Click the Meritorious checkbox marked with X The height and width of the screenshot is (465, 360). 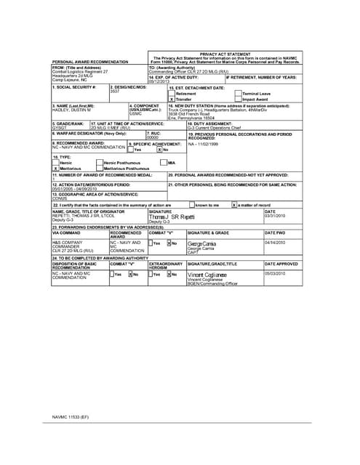coord(55,168)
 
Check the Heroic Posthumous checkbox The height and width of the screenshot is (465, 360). coord(100,162)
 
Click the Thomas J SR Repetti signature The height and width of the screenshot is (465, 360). coord(172,217)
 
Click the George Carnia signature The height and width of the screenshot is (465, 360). coord(201,243)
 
